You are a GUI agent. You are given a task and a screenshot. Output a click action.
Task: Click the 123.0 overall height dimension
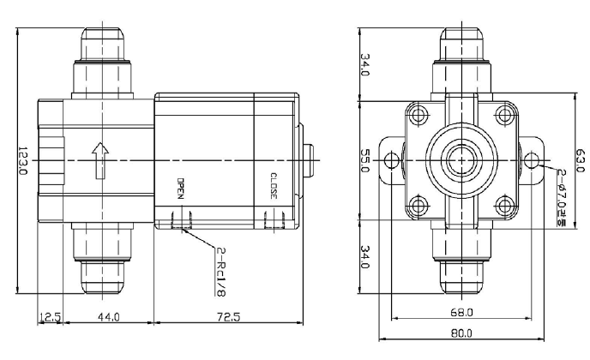click(x=22, y=160)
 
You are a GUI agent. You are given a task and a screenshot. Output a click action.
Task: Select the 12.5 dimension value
click(x=50, y=317)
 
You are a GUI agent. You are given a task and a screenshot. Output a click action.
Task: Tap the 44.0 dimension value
click(x=109, y=317)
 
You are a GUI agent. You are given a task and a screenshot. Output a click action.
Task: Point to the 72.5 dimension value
click(x=228, y=317)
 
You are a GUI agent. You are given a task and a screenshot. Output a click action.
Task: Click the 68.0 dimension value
click(x=461, y=312)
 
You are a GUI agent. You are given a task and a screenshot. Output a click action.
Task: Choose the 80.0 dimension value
click(x=461, y=333)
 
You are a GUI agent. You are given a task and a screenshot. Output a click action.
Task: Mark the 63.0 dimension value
click(x=581, y=160)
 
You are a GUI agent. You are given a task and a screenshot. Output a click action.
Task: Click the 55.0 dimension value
click(x=365, y=160)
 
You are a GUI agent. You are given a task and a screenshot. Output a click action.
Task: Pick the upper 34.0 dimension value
click(x=365, y=64)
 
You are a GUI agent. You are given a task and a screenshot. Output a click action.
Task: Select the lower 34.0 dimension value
click(x=365, y=257)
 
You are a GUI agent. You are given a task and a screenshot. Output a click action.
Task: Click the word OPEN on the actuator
click(x=181, y=189)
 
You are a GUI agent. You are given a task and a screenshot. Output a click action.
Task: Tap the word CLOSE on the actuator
click(x=274, y=186)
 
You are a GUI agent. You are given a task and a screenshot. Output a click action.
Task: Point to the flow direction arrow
click(x=100, y=160)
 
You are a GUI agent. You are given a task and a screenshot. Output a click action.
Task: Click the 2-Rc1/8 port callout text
click(x=221, y=271)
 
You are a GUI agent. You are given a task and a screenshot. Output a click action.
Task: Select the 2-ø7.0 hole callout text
click(x=562, y=197)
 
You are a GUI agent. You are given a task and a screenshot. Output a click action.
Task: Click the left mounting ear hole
click(x=392, y=160)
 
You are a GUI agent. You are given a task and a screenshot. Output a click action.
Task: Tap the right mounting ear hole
click(x=532, y=160)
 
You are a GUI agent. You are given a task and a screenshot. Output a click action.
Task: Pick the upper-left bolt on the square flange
click(x=418, y=114)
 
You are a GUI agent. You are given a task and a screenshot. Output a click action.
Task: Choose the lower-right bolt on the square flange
click(x=505, y=207)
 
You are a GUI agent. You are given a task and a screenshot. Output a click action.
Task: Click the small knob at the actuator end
click(x=309, y=160)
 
